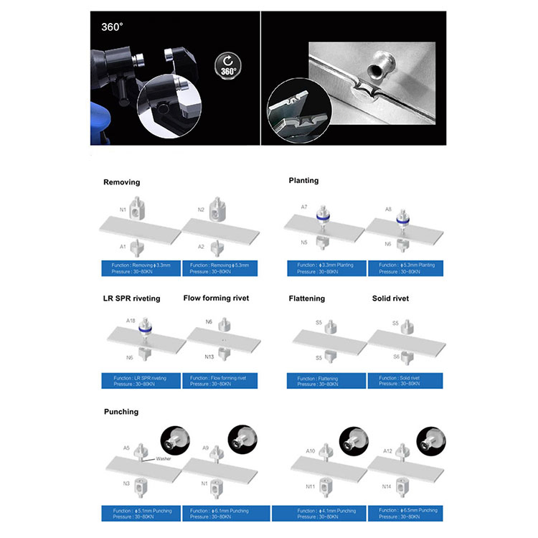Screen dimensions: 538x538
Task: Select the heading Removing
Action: [121, 183]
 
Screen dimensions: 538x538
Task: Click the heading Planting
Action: [303, 181]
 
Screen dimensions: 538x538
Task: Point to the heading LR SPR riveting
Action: [131, 298]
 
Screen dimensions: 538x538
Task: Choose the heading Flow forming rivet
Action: [216, 298]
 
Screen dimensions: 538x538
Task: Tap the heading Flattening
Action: [306, 298]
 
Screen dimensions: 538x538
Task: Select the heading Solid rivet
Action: [391, 298]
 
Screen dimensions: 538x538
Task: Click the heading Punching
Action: [121, 412]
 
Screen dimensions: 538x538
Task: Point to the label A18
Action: [131, 321]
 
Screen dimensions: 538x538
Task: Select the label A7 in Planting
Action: [304, 207]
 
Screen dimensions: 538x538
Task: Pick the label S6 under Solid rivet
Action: [395, 357]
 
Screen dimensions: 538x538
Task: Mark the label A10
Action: [311, 451]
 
